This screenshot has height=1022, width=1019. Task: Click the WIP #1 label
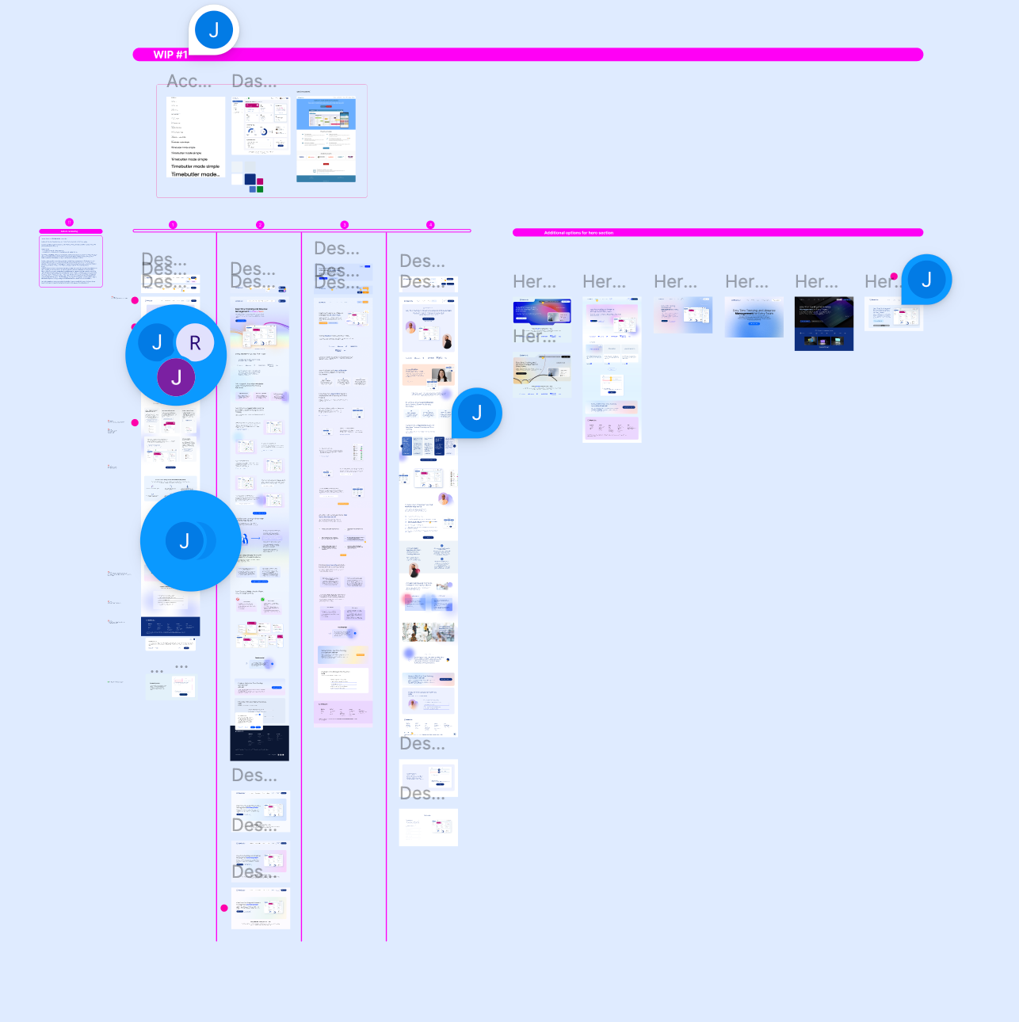pyautogui.click(x=170, y=55)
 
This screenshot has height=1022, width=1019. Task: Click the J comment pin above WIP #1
pyautogui.click(x=214, y=30)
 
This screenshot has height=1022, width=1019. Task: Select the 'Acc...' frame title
pyautogui.click(x=189, y=81)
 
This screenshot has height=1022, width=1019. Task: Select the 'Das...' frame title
pyautogui.click(x=254, y=81)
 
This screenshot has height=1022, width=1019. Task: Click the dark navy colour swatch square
pyautogui.click(x=250, y=179)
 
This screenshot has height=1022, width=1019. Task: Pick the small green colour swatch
pyautogui.click(x=260, y=189)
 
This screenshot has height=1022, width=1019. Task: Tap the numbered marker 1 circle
pyautogui.click(x=173, y=225)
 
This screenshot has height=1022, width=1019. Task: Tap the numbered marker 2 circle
pyautogui.click(x=260, y=225)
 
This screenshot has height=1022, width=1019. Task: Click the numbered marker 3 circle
pyautogui.click(x=344, y=225)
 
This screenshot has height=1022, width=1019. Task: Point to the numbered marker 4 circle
pyautogui.click(x=430, y=225)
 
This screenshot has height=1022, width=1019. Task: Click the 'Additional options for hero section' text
pyautogui.click(x=578, y=233)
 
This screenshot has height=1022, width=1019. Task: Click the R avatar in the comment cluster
pyautogui.click(x=195, y=343)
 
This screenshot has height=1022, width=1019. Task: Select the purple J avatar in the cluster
pyautogui.click(x=176, y=377)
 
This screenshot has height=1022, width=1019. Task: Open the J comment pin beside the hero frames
pyautogui.click(x=926, y=279)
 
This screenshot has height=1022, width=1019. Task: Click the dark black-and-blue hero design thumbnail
pyautogui.click(x=824, y=323)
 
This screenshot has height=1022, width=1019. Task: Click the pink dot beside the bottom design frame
pyautogui.click(x=224, y=908)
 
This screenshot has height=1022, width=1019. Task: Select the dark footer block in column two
pyautogui.click(x=260, y=743)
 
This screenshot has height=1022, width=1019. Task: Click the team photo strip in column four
pyautogui.click(x=428, y=631)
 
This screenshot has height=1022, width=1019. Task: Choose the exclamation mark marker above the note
pyautogui.click(x=69, y=223)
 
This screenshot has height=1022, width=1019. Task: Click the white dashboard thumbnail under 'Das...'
pyautogui.click(x=261, y=126)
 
